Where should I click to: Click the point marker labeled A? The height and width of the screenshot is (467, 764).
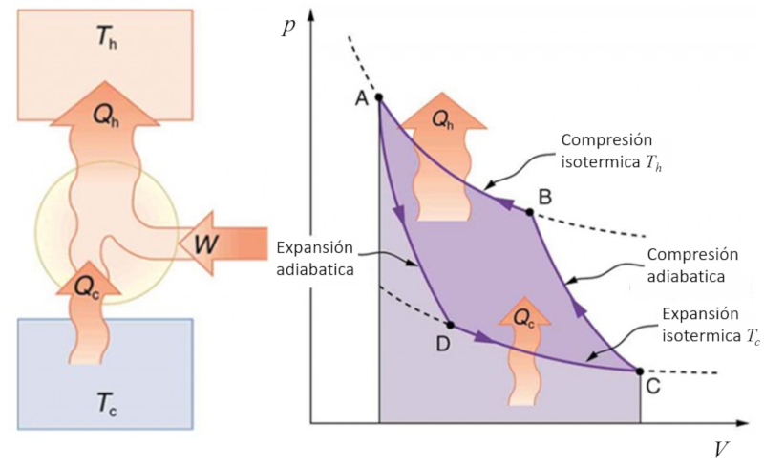pos(379,97)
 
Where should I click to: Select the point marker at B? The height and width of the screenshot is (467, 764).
pos(529,210)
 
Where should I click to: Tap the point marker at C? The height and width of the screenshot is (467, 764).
pos(639,370)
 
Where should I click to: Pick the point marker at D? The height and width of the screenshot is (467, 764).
pos(450,325)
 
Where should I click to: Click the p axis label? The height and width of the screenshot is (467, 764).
pos(290,26)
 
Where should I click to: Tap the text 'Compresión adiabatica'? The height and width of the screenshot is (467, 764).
pos(691,265)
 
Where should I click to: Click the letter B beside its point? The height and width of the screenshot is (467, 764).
pos(545,197)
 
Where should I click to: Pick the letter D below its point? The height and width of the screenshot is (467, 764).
pos(443,345)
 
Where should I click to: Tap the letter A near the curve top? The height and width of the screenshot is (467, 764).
pos(362,99)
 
